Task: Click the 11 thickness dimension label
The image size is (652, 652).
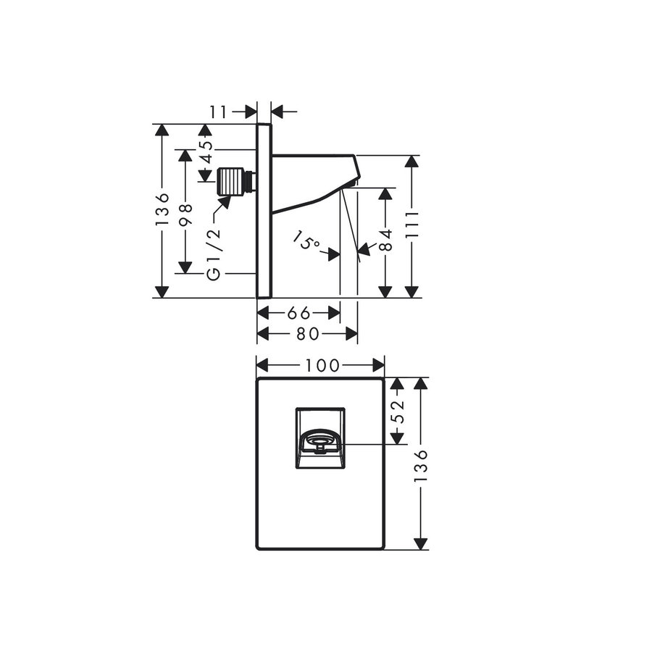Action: (x=219, y=112)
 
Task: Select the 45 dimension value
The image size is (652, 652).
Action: (x=206, y=153)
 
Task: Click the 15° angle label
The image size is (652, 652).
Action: (x=306, y=242)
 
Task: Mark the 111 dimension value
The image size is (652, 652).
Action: (x=412, y=226)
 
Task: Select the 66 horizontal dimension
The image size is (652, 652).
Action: (x=298, y=313)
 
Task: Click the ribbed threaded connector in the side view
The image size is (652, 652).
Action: (x=231, y=181)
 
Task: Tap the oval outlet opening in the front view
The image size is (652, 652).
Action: (x=319, y=440)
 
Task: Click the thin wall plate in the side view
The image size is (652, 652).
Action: (x=264, y=210)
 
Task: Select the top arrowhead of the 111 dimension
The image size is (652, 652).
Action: (x=412, y=162)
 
